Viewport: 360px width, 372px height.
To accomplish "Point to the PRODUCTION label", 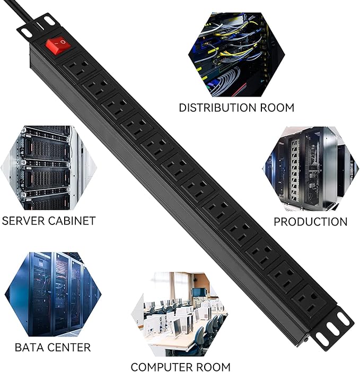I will (x=310, y=222).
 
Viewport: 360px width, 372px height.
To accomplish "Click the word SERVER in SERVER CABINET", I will (x=25, y=220).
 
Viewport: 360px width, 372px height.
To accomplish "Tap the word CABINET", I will (x=73, y=220).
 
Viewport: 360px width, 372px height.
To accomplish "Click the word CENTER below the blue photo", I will (x=69, y=348).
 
